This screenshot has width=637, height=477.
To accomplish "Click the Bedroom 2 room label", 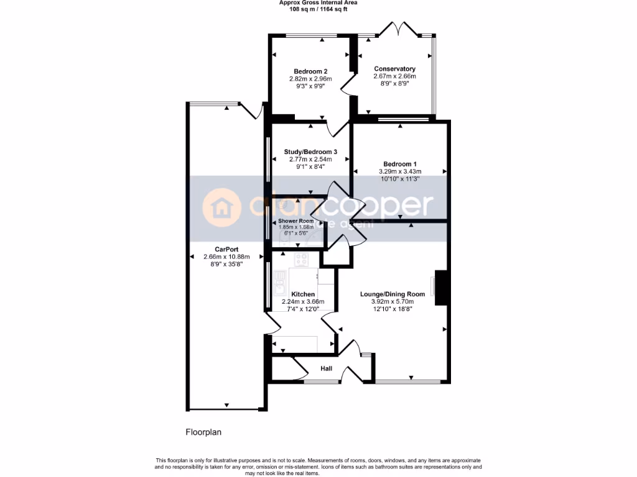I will tap(310, 71).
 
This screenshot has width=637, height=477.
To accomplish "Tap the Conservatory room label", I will tap(394, 68).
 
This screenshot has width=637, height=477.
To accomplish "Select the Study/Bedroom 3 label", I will tap(310, 152).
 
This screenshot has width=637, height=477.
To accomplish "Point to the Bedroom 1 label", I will tap(400, 164).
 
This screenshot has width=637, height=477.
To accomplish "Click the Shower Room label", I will tap(296, 221).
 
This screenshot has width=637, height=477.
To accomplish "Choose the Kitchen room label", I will tap(303, 294).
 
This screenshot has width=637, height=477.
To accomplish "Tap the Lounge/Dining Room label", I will tap(393, 294).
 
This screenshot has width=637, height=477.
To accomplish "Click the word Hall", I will tap(326, 368).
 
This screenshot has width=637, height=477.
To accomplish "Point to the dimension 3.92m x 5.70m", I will tap(393, 301).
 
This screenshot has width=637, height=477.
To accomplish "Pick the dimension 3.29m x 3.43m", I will tap(400, 171).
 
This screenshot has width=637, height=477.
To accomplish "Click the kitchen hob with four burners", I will tap(302, 260).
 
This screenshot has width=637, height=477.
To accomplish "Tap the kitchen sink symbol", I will tap(279, 288).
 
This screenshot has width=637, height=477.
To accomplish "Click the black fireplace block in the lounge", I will tap(440, 288).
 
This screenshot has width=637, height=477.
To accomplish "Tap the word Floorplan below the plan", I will tap(204, 431).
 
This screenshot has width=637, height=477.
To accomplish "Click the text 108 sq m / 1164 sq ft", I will tap(318, 9).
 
